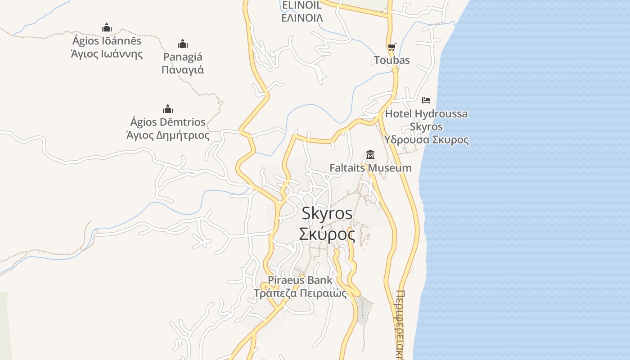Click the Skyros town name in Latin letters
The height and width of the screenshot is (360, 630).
(327, 213)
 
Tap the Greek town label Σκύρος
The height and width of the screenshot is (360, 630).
(327, 234)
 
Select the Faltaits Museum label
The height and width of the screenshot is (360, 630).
(370, 168)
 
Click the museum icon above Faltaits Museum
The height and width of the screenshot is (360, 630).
(370, 155)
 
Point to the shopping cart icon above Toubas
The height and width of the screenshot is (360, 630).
(391, 47)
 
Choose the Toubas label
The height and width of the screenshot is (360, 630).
(391, 60)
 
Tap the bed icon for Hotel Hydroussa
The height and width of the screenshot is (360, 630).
(426, 100)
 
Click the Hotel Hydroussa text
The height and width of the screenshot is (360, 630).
(426, 114)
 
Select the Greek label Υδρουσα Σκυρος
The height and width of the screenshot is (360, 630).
(426, 139)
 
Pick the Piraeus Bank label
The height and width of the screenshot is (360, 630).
(300, 280)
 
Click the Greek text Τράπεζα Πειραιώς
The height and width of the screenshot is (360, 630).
(300, 293)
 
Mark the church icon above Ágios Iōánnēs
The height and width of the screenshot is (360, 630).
(107, 27)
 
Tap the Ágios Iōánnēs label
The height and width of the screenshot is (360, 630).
(107, 41)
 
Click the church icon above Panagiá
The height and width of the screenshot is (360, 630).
(182, 44)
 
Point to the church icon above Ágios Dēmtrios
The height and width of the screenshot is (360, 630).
(168, 109)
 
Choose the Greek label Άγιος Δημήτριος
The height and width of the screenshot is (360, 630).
(168, 135)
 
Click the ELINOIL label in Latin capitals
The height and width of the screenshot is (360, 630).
(301, 5)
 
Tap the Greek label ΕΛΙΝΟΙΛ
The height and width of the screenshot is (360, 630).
(302, 18)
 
